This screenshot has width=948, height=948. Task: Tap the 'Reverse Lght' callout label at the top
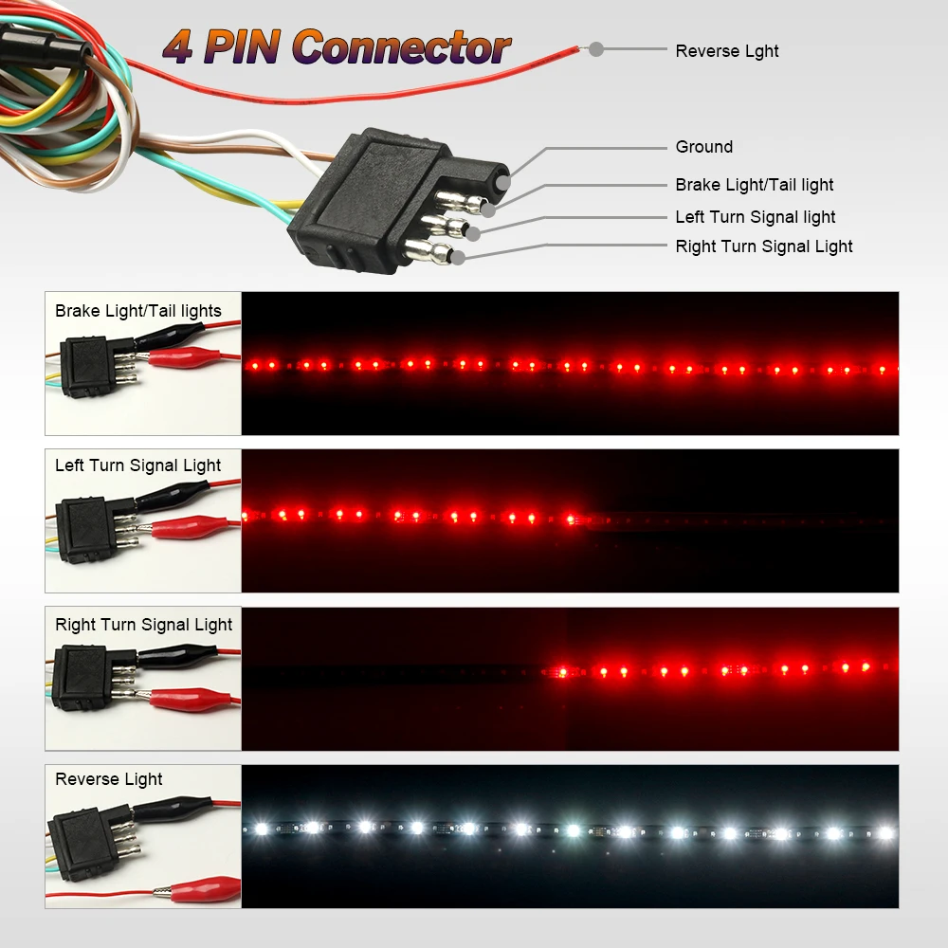click(x=726, y=51)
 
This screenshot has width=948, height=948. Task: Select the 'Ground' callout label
click(x=703, y=147)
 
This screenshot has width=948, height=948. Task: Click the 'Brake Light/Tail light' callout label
click(x=754, y=185)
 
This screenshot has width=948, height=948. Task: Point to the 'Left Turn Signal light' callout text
click(x=755, y=217)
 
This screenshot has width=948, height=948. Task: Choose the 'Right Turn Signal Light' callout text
click(x=763, y=246)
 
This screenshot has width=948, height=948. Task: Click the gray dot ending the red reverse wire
click(x=596, y=49)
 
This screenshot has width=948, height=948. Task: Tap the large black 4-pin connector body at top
click(x=379, y=199)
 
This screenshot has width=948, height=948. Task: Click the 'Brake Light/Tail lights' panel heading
click(x=137, y=311)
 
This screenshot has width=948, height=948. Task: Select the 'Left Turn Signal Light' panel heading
click(x=137, y=465)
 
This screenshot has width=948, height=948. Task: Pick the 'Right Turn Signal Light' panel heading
click(x=143, y=625)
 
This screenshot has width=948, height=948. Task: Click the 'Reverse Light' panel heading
click(x=108, y=779)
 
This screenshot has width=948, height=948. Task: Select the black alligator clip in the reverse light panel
click(x=175, y=809)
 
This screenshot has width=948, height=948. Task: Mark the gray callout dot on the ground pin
click(x=501, y=179)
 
